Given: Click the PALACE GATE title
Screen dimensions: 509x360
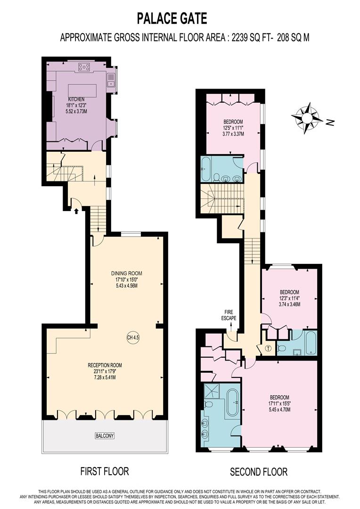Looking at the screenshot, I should click(172, 18).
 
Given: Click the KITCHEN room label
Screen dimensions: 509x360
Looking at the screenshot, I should click(76, 99).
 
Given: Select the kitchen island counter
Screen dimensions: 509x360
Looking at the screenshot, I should click(82, 90).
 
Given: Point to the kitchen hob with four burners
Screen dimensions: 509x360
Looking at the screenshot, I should click(84, 67).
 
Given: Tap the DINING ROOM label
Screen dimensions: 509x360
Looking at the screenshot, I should click(126, 273).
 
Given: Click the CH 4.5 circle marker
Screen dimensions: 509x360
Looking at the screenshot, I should click(133, 337).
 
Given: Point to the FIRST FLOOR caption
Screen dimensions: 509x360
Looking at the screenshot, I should click(105, 471).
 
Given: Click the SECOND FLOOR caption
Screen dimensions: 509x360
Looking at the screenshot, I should click(258, 471).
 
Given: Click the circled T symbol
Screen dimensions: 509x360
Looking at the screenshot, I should click(268, 349).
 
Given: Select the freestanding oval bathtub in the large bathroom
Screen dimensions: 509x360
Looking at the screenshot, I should click(232, 402).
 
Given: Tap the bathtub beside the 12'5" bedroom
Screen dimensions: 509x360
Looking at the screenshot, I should click(206, 169).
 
